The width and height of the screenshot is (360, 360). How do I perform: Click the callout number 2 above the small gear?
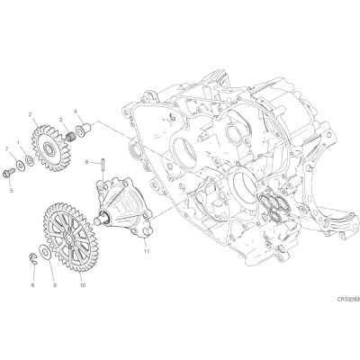(x=30, y=114)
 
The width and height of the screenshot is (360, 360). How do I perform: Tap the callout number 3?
(x=60, y=120)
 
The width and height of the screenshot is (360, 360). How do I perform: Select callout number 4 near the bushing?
(x=76, y=112)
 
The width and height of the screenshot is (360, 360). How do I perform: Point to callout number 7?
(x=6, y=148)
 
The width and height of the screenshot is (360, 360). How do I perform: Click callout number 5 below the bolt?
(x=12, y=190)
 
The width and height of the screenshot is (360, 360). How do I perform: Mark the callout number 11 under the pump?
(x=147, y=251)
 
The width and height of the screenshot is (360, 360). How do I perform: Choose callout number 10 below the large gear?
(x=83, y=284)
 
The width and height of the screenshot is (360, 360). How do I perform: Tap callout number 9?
(x=55, y=285)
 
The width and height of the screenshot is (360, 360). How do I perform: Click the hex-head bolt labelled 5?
(x=7, y=173)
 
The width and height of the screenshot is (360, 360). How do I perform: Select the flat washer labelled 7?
(x=21, y=165)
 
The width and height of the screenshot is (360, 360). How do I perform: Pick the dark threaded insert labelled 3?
(x=70, y=137)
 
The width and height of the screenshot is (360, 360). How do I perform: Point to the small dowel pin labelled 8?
(x=102, y=165)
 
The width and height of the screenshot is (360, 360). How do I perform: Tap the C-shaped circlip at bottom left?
(x=34, y=258)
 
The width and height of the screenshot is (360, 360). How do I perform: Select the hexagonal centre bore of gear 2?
(x=48, y=148)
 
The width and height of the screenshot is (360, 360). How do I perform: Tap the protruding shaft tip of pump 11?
(x=97, y=221)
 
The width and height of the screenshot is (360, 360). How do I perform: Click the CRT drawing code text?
(x=348, y=299)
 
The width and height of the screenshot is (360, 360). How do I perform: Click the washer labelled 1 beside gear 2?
(x=30, y=160)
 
